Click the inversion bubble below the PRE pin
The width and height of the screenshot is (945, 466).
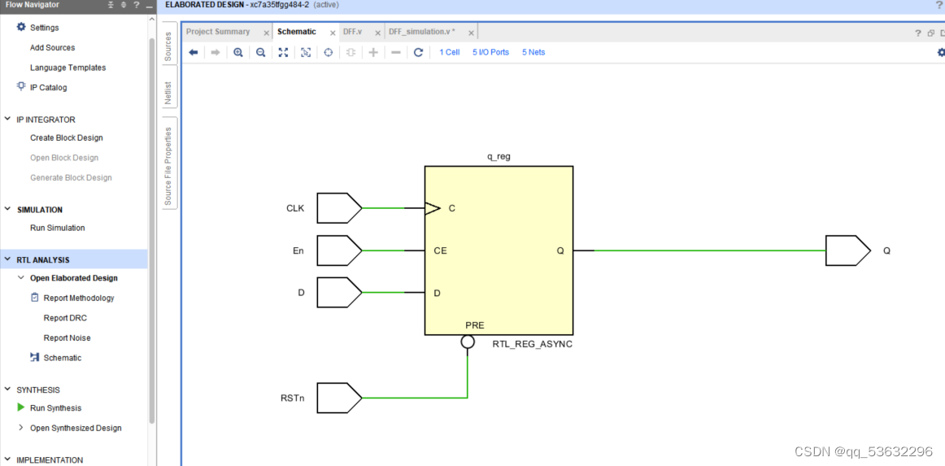click(468, 342)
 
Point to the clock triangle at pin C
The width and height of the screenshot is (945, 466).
click(433, 208)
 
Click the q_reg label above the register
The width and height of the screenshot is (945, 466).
click(499, 157)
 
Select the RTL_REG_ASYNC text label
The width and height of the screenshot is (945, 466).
click(532, 344)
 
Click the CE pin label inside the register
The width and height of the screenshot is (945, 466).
click(440, 250)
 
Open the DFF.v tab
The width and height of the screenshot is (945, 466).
click(352, 32)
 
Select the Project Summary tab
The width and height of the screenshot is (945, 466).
click(218, 32)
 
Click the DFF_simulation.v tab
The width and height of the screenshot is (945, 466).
click(421, 32)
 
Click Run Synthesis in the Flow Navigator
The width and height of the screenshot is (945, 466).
click(55, 408)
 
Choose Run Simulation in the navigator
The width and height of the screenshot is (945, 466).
click(57, 228)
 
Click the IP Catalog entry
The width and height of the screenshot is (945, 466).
click(48, 88)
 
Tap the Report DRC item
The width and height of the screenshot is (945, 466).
click(65, 318)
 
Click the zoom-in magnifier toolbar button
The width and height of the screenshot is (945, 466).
click(238, 52)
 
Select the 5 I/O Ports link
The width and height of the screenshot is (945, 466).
click(490, 52)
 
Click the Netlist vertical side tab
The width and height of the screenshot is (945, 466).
click(168, 93)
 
